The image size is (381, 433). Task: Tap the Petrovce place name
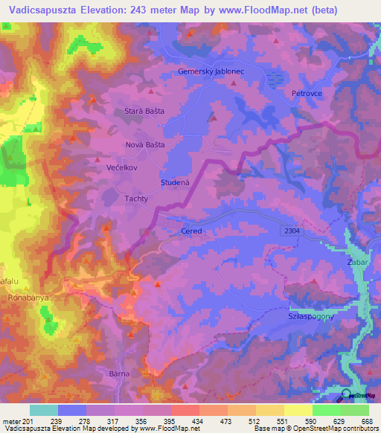click(304, 94)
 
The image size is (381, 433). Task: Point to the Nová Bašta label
click(144, 144)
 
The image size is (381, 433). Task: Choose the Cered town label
click(191, 231)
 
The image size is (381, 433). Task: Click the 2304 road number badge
click(292, 232)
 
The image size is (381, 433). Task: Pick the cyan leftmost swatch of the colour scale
click(43, 410)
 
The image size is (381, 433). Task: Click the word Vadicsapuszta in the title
click(36, 10)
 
